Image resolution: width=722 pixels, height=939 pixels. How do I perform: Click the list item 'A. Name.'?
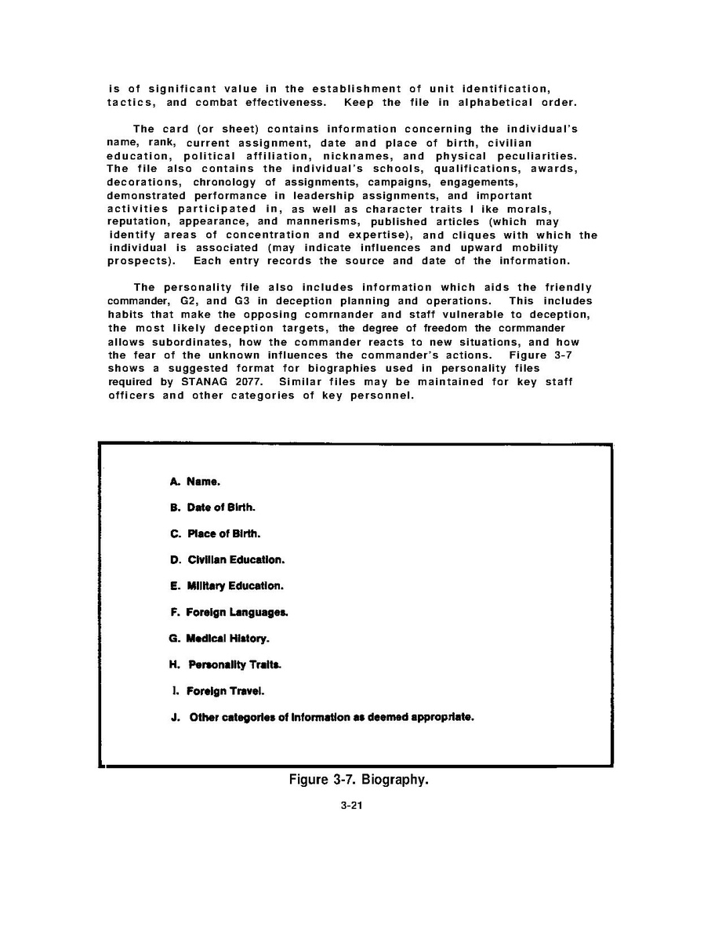(x=189, y=482)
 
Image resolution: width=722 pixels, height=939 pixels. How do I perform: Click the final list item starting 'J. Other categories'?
(x=321, y=717)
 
